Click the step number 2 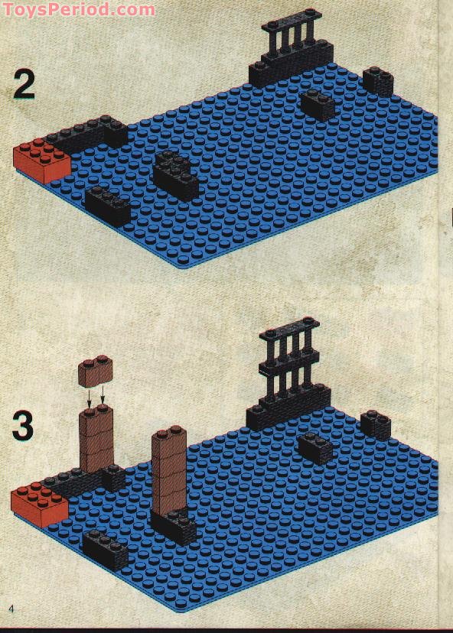(x=24, y=85)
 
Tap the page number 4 (x=11, y=609)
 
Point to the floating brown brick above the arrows (x=96, y=370)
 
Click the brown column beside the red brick (x=96, y=441)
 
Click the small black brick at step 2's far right (x=378, y=81)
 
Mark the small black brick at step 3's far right (x=376, y=425)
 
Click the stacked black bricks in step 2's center (x=175, y=175)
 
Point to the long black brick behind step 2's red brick (x=88, y=135)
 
